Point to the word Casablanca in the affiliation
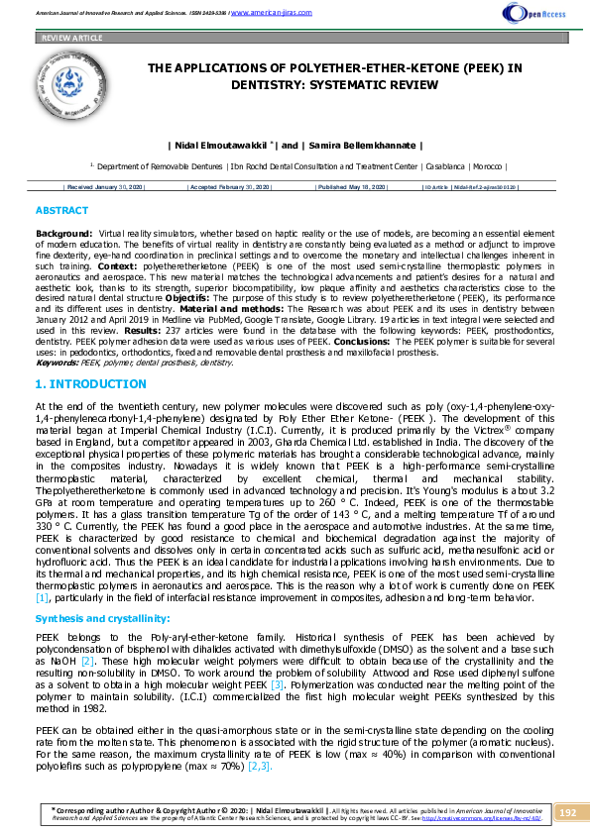(x=457, y=167)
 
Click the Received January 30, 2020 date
(x=104, y=186)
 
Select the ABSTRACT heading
(x=61, y=211)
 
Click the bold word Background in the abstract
(x=63, y=231)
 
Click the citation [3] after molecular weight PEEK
(x=277, y=684)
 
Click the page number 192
(x=567, y=812)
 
